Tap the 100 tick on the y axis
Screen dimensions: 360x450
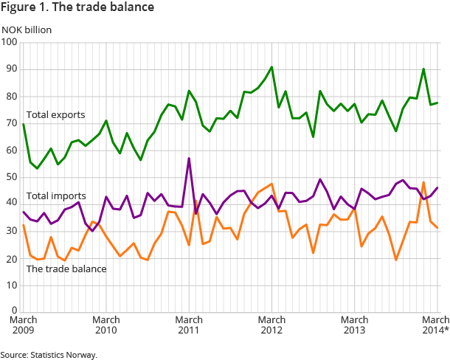[10, 42]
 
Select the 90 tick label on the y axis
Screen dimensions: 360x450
[12, 69]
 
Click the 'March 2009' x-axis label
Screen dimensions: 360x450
[24, 325]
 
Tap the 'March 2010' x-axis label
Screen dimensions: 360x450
[106, 325]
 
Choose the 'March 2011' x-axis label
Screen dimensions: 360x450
[190, 325]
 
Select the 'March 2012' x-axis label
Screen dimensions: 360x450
[272, 325]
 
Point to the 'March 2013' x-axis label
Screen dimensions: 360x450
[355, 325]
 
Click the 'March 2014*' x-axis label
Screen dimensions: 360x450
[435, 325]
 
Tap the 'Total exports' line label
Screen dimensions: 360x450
[55, 115]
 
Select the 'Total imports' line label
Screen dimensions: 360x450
[56, 196]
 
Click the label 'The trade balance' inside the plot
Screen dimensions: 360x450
[66, 269]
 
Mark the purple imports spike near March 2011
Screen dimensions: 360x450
[190, 159]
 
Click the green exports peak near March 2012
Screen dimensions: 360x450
[272, 67]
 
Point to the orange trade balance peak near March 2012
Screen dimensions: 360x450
[272, 184]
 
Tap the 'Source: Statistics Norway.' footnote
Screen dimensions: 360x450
[49, 355]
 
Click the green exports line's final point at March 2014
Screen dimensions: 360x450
[437, 103]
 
